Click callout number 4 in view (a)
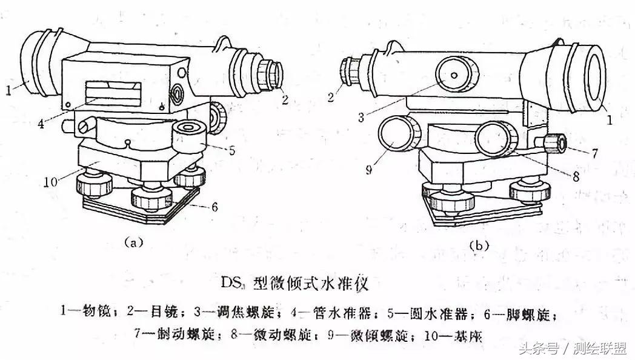coord(41,124)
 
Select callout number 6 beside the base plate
coord(214,207)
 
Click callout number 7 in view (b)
coord(595,154)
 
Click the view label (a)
coord(133,242)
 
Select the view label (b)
coord(479,245)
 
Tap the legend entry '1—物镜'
coord(85,312)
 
